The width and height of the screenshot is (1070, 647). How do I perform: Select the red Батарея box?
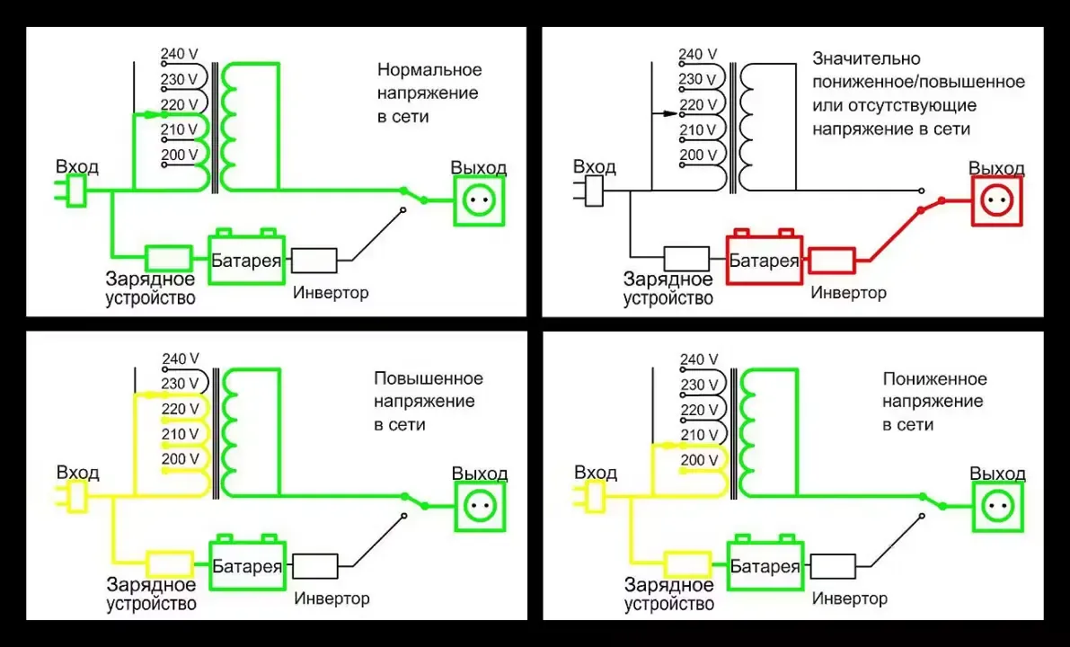point(764,261)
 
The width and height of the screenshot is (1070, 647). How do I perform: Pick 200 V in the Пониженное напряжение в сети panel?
point(699,460)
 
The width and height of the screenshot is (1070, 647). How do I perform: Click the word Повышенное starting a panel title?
point(429,378)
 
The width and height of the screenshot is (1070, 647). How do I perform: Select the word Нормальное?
point(429,70)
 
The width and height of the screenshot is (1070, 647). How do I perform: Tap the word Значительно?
point(853,58)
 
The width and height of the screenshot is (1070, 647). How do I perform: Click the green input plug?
point(75,190)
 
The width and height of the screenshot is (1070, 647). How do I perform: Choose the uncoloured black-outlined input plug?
point(592,191)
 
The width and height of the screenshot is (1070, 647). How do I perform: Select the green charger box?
point(168,257)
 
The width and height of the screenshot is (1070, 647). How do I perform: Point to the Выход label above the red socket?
point(996,168)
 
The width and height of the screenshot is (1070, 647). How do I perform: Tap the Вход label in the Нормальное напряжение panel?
point(77,167)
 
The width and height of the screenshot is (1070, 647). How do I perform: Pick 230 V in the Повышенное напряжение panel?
point(180,385)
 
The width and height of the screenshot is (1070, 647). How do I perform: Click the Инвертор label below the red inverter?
point(848,292)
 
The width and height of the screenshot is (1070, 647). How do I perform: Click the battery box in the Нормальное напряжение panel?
point(247,261)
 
